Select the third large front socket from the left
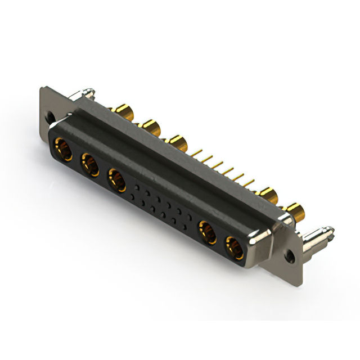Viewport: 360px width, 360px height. (x=117, y=181)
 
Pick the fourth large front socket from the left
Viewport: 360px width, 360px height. (x=208, y=232)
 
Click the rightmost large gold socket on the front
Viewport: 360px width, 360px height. (x=234, y=247)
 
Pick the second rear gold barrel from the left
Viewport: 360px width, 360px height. (x=150, y=127)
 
